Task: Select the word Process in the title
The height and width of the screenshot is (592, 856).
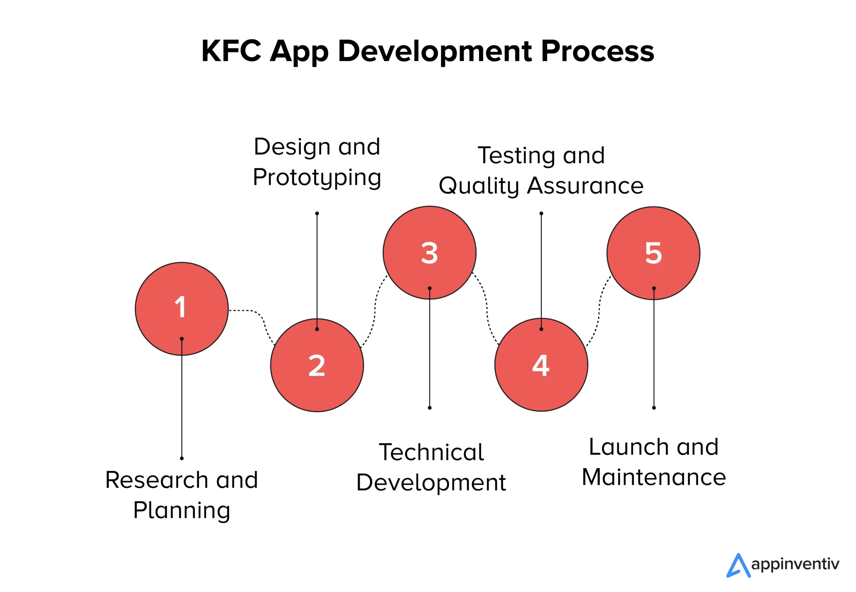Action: coord(598,51)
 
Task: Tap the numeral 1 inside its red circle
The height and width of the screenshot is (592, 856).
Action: coord(181,307)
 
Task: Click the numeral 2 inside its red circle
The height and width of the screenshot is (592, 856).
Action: coord(317,366)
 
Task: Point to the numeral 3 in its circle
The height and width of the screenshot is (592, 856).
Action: coord(429,253)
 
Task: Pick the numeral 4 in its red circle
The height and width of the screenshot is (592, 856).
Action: coord(541,366)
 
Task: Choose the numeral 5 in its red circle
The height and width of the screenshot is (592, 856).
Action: coord(653,253)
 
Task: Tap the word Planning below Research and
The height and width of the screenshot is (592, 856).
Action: coord(182,511)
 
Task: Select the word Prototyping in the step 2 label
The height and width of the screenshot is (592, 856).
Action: coord(317,177)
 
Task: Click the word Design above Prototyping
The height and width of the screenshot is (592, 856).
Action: coord(292,147)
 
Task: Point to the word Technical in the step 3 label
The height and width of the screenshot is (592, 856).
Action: coord(431,452)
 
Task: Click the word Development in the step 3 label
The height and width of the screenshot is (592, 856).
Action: coord(431,483)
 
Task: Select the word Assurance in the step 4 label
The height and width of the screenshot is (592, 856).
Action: coord(585,186)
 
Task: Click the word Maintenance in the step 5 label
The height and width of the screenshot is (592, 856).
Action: coord(654,477)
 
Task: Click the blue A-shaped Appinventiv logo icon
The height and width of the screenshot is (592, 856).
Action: coord(738,566)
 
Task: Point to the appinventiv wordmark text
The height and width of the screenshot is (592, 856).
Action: coord(795,564)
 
